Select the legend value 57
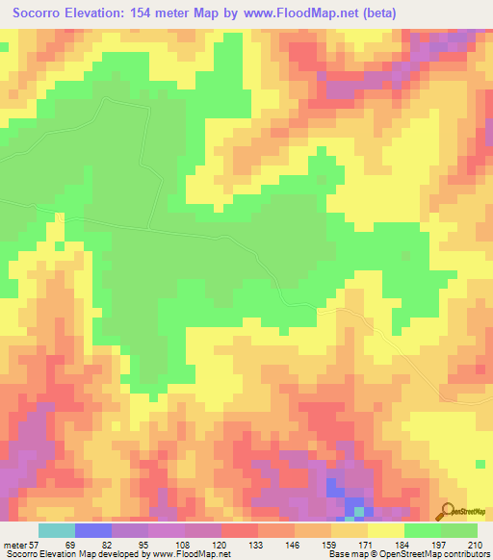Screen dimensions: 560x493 point(34,545)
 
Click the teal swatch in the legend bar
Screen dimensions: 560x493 point(56,530)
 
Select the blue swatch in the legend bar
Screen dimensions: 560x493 point(92,530)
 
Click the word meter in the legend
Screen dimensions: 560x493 point(13,545)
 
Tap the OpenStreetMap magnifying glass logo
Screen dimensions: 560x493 point(446,510)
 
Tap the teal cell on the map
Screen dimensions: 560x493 point(358,511)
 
